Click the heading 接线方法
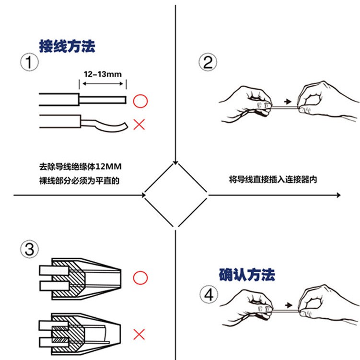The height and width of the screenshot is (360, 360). [x=67, y=46]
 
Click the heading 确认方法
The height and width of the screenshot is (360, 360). [x=247, y=275]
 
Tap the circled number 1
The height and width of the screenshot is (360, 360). [x=30, y=62]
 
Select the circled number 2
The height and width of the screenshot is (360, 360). [x=208, y=62]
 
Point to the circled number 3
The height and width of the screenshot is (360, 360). [x=30, y=249]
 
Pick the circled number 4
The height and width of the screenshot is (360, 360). [x=208, y=294]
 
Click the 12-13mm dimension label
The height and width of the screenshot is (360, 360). [x=102, y=74]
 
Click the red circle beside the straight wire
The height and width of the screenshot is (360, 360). [x=139, y=101]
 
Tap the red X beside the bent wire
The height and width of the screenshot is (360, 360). [x=139, y=125]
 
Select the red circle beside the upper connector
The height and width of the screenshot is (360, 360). [x=139, y=277]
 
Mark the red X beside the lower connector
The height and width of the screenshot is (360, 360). [x=139, y=334]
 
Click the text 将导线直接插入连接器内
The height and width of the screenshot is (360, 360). [x=273, y=179]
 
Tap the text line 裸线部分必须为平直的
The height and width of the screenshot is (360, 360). [x=78, y=181]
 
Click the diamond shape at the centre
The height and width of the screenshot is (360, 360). [x=176, y=195]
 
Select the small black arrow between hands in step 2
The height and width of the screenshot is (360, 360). [x=287, y=102]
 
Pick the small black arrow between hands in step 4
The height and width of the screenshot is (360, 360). [x=287, y=304]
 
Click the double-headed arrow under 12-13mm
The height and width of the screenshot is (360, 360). [x=102, y=84]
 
